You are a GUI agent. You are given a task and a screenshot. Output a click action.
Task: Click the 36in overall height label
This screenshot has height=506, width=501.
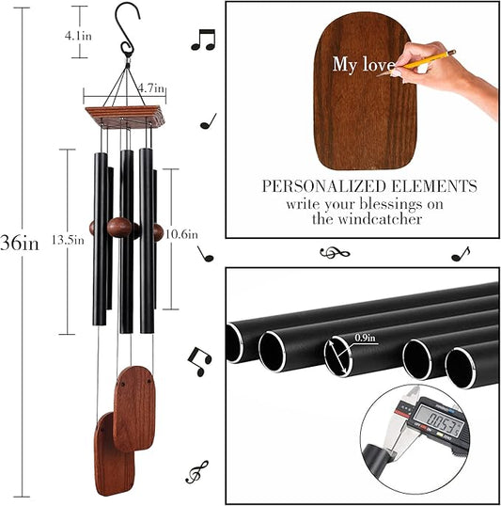(20, 243)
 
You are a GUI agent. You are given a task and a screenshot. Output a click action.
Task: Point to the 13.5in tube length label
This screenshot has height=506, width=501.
(72, 239)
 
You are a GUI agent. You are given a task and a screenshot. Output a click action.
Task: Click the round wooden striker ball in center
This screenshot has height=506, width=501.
(118, 228)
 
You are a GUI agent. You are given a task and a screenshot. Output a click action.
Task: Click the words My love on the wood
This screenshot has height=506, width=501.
(358, 64)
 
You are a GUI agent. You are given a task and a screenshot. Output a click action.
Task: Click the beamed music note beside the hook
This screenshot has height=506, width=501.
(202, 40)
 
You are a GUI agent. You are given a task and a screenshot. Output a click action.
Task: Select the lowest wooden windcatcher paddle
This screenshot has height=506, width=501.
(113, 452)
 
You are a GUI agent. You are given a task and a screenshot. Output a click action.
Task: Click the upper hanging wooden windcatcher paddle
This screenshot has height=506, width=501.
(133, 407)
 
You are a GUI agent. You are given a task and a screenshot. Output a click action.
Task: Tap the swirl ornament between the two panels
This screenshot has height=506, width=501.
(334, 252)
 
